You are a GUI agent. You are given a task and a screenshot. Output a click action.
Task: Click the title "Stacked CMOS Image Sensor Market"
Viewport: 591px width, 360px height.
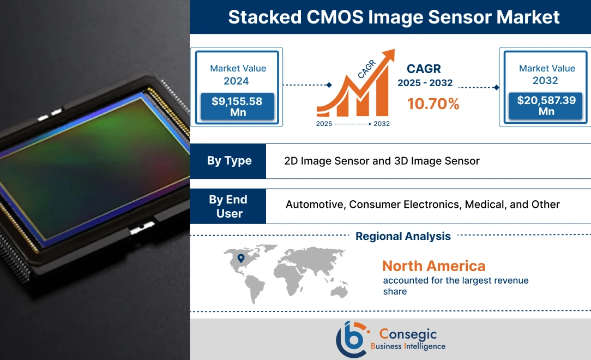pyautogui.click(x=394, y=17)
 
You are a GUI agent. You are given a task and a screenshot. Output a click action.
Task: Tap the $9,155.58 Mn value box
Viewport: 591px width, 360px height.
pyautogui.click(x=238, y=106)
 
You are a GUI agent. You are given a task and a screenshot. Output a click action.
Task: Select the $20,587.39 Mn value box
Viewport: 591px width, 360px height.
pyautogui.click(x=546, y=106)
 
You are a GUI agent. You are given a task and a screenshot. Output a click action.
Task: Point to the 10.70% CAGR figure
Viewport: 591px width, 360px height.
pyautogui.click(x=433, y=104)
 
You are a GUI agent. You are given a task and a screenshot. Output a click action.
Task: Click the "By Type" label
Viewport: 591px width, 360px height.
pyautogui.click(x=229, y=161)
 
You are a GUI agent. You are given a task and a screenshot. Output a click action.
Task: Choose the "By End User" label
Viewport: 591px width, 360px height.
pyautogui.click(x=228, y=206)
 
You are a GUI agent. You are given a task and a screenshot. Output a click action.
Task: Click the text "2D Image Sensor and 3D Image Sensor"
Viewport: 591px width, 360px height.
pyautogui.click(x=382, y=161)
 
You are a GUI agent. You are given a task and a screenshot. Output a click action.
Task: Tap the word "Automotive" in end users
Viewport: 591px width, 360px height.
pyautogui.click(x=315, y=205)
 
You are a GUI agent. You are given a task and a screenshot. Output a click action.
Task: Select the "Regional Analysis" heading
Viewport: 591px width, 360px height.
pyautogui.click(x=403, y=236)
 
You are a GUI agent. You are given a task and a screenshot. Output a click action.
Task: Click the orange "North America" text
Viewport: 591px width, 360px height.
pyautogui.click(x=433, y=266)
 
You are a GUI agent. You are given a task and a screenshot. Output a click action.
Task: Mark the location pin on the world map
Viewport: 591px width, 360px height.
pyautogui.click(x=241, y=258)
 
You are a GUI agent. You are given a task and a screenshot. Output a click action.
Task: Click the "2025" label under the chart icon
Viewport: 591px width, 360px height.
pyautogui.click(x=324, y=124)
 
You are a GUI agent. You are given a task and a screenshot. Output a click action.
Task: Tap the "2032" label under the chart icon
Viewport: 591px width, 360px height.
pyautogui.click(x=382, y=124)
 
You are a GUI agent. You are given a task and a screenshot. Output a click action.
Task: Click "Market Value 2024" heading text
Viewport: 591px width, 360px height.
pyautogui.click(x=238, y=75)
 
